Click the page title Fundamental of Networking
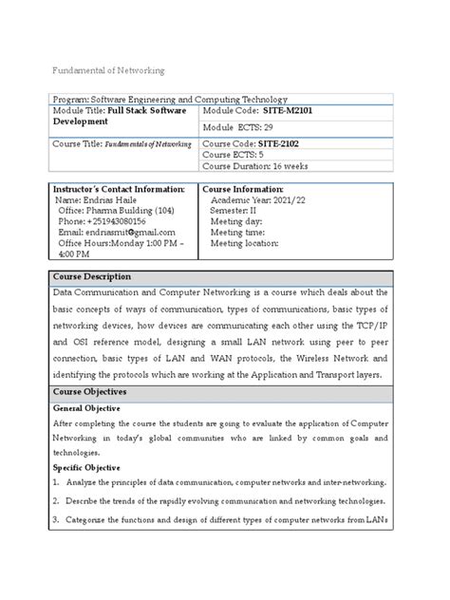click(108, 70)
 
